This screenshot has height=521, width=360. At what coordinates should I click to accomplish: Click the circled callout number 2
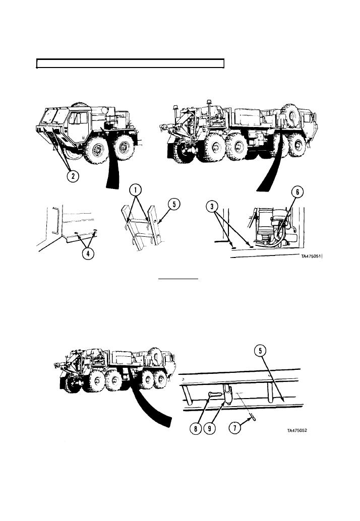tap(73, 175)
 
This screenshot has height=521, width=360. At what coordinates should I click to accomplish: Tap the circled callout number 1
tap(136, 190)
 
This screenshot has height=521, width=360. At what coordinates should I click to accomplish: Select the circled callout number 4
tap(88, 254)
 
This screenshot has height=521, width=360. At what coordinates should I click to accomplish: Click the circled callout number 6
tap(297, 191)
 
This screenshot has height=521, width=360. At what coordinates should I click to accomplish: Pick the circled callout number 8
tap(196, 429)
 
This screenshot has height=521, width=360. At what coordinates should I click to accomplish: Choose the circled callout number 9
tap(209, 429)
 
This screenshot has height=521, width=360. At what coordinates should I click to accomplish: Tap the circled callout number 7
tap(235, 428)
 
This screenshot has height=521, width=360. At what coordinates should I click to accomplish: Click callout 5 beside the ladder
tap(174, 205)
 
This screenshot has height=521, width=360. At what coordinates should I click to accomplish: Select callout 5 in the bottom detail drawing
tap(260, 351)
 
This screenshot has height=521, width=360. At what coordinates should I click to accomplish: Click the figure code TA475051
tap(311, 256)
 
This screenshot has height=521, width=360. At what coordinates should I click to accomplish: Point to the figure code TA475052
tap(297, 430)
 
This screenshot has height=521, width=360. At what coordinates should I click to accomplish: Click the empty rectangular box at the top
tap(130, 63)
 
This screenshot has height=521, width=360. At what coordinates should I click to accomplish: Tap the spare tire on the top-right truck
tap(290, 115)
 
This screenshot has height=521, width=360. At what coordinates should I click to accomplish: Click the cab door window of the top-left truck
tap(78, 118)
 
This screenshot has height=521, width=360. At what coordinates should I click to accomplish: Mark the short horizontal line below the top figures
tap(178, 279)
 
